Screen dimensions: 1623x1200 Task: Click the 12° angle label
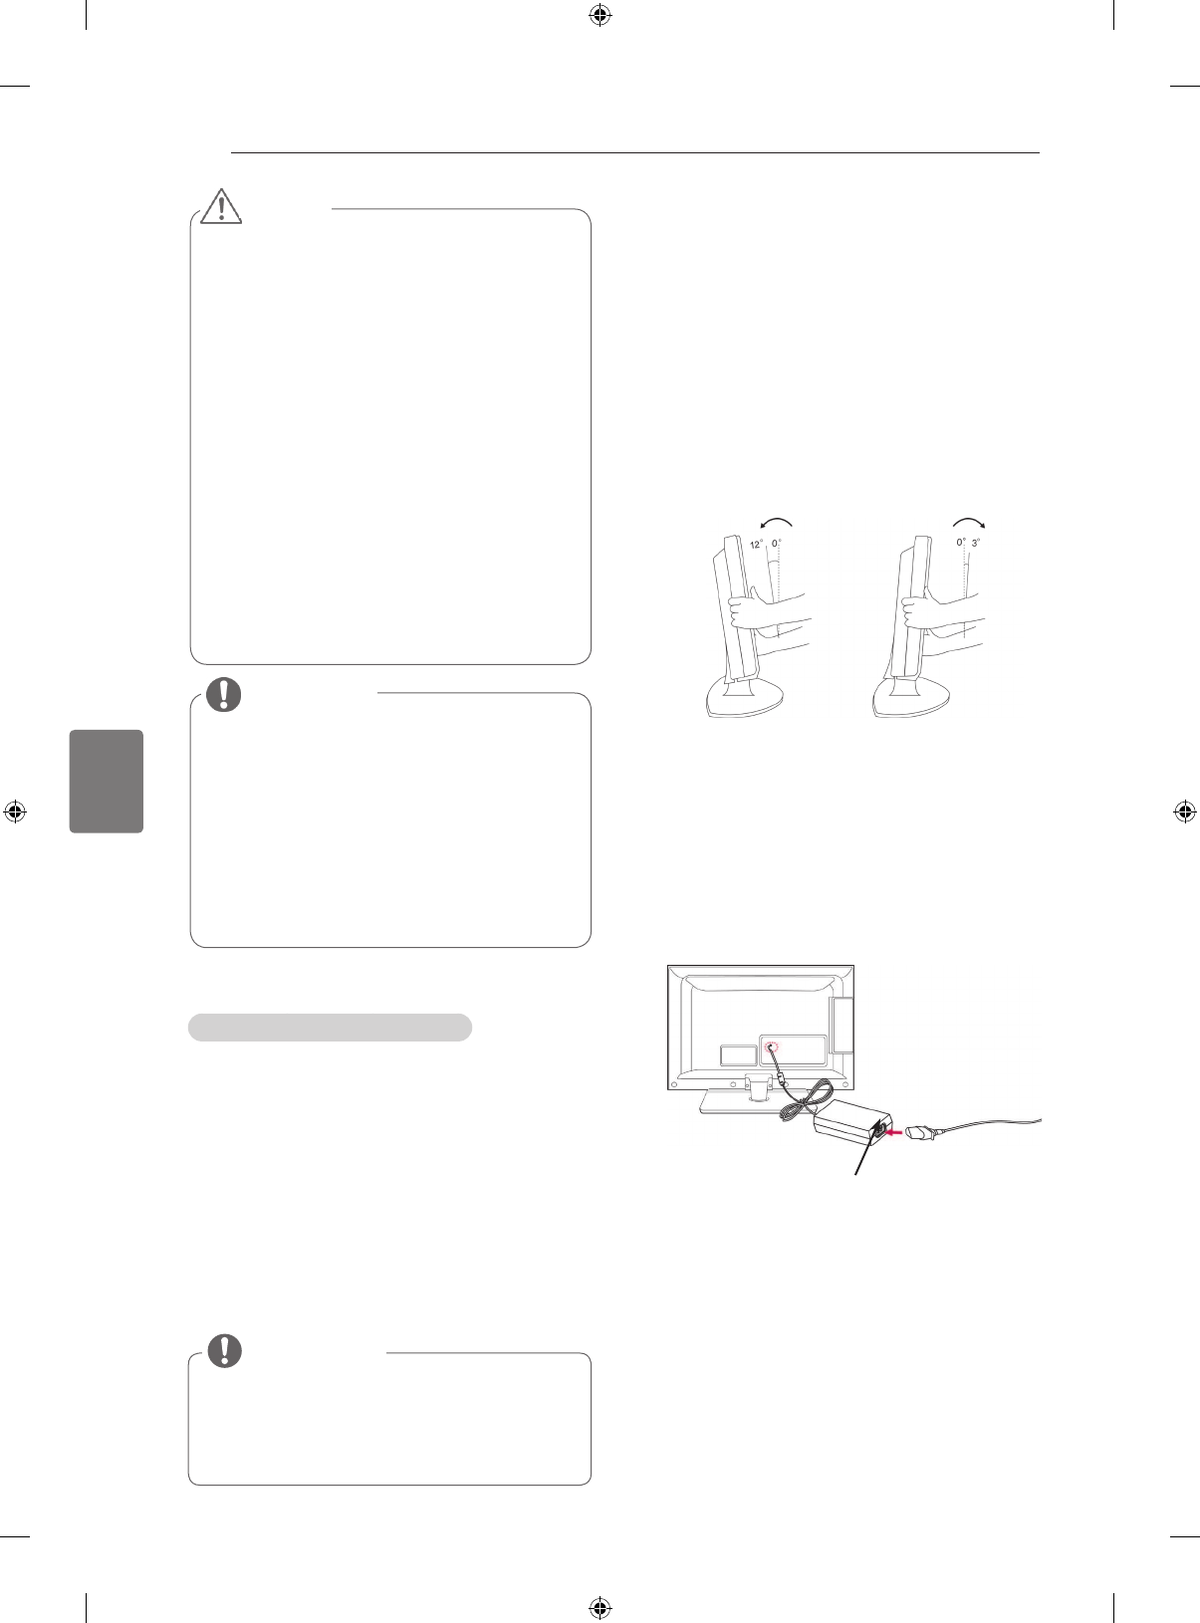click(x=756, y=544)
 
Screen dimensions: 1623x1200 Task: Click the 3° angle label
click(x=976, y=543)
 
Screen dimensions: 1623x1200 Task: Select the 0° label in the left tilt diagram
click(x=777, y=544)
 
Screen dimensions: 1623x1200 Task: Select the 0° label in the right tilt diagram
click(x=960, y=543)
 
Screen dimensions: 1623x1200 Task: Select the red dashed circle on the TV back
click(x=772, y=1048)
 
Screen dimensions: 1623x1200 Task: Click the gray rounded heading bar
click(x=330, y=1028)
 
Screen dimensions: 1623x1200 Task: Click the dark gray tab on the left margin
click(x=107, y=781)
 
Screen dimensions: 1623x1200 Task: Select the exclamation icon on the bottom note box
click(x=224, y=1349)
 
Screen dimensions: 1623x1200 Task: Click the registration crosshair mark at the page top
click(x=600, y=15)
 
